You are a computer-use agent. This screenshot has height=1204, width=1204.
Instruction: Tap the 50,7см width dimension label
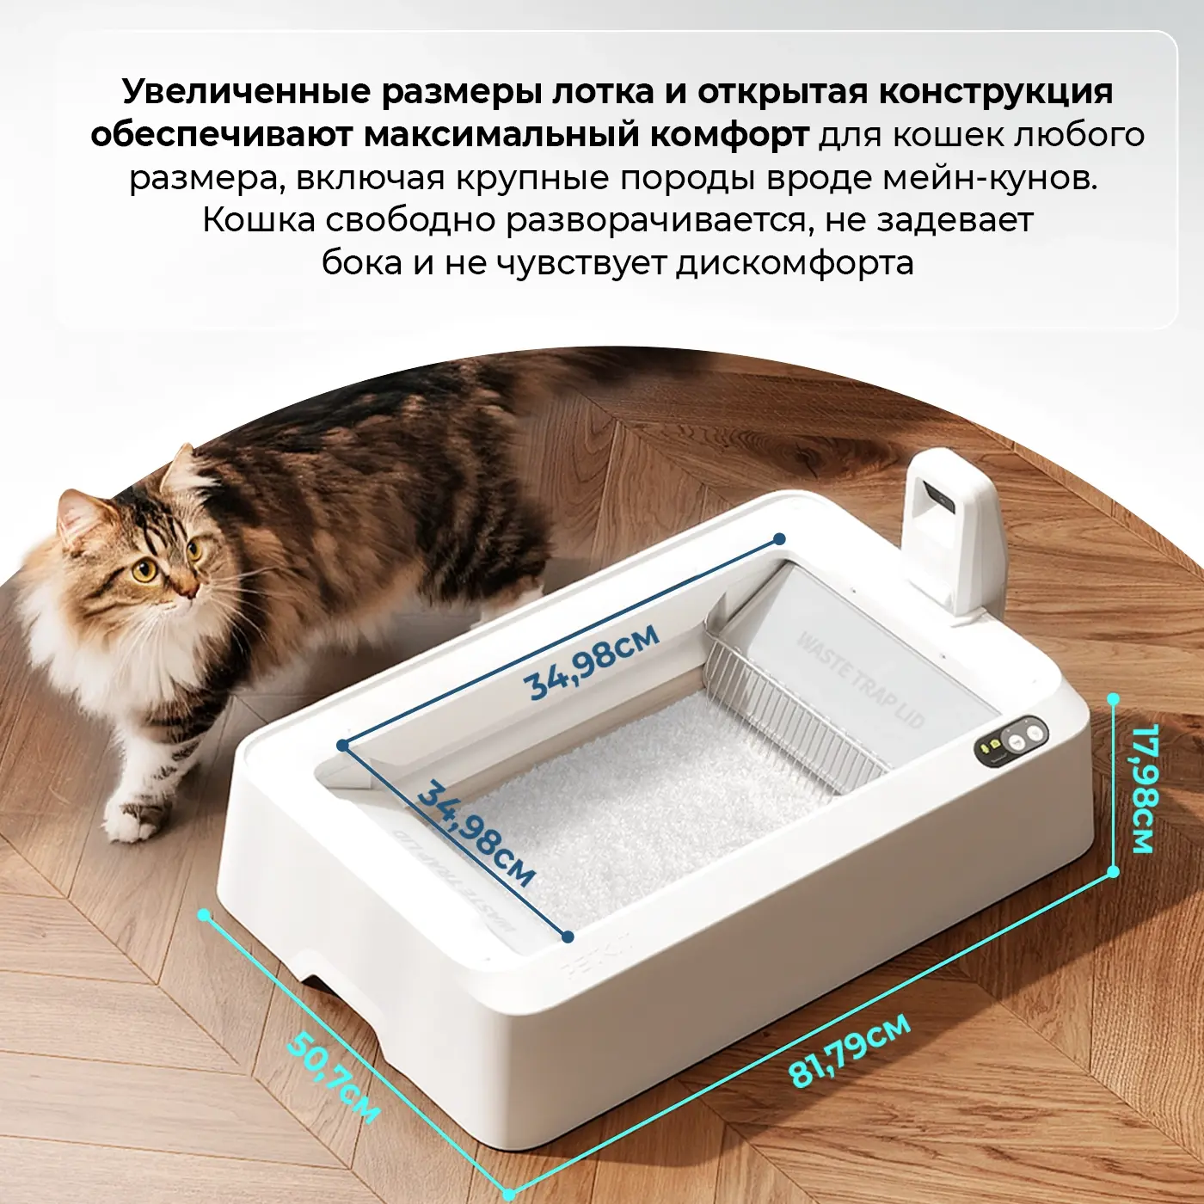[x=335, y=1074]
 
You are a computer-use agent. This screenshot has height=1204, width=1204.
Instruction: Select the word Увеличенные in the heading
[x=247, y=92]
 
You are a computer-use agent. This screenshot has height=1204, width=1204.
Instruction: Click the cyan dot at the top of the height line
[x=1114, y=700]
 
